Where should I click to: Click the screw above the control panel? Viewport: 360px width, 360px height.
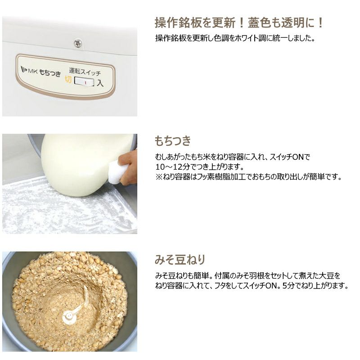[78, 43]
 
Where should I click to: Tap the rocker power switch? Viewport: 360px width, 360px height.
[84, 82]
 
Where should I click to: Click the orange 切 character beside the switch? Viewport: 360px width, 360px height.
[68, 79]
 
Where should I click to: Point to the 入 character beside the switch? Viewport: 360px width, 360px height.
[100, 83]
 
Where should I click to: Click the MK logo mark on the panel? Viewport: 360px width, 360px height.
[24, 69]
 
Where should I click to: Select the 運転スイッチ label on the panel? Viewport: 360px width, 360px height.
[85, 72]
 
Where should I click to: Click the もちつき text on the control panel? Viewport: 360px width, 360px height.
[50, 72]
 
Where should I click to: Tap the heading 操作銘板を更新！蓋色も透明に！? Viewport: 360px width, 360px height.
[239, 23]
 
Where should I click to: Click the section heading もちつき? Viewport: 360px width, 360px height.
[173, 140]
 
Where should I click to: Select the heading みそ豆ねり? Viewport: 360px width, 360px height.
[180, 260]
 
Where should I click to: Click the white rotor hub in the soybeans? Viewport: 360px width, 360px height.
[70, 317]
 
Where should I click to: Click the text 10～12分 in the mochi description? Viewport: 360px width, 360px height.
[173, 166]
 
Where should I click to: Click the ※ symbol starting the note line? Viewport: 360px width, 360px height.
[159, 177]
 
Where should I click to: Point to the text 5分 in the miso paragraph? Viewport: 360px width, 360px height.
[288, 286]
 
